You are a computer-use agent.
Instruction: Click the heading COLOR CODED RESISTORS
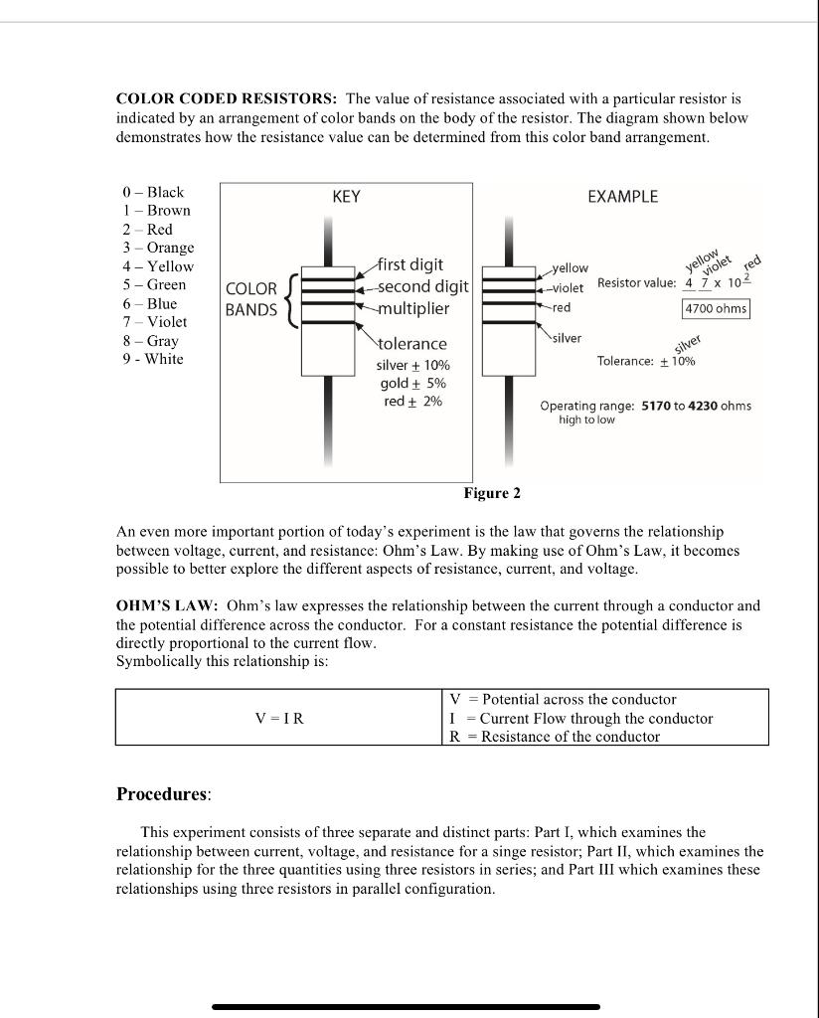pos(227,99)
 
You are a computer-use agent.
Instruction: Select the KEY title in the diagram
pos(346,197)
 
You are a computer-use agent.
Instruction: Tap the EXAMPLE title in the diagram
pos(622,197)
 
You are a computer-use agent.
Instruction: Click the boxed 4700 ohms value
pos(716,309)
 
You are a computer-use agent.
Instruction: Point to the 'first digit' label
pos(411,264)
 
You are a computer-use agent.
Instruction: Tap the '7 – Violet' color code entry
pos(154,322)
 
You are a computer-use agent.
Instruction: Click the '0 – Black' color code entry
pos(153,192)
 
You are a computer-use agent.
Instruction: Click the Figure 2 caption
pos(491,494)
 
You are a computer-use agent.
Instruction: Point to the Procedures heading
pos(163,794)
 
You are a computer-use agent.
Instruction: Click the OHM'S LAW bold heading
pos(167,605)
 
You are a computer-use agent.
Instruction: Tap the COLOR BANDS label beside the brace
pos(251,299)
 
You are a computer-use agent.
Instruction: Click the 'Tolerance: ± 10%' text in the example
pos(646,361)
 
